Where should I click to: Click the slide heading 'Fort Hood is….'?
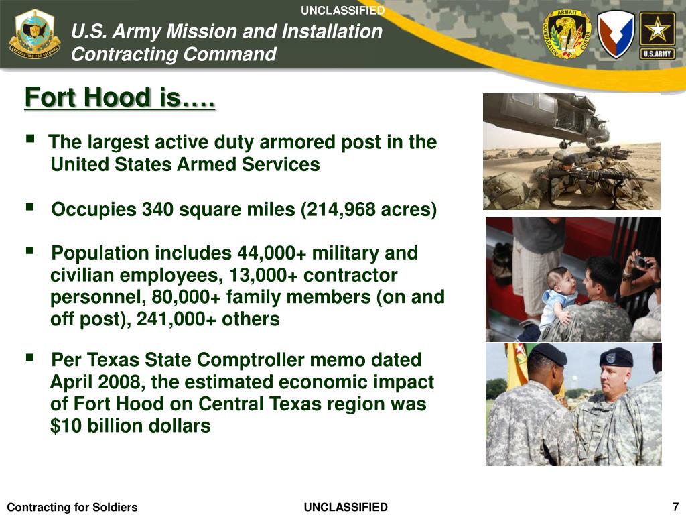(120, 98)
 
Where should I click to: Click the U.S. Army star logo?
(657, 36)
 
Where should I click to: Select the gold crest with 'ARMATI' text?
(566, 34)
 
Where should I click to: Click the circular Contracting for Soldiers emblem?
(34, 36)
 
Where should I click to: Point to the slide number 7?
(675, 506)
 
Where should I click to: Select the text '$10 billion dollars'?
(131, 426)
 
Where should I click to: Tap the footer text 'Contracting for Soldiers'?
(72, 507)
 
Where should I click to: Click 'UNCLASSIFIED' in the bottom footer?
(346, 507)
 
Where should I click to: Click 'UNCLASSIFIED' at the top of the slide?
(342, 10)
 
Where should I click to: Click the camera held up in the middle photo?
(640, 262)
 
